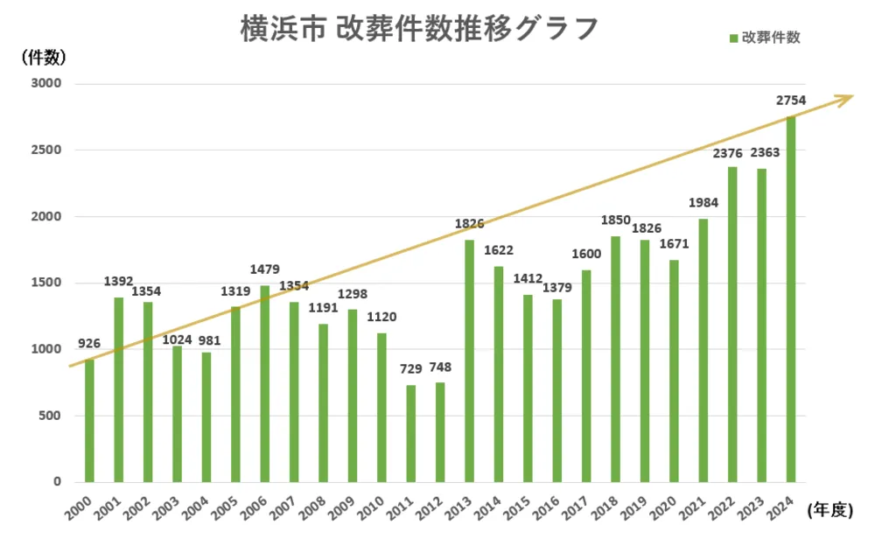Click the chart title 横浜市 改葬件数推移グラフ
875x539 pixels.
pyautogui.click(x=419, y=28)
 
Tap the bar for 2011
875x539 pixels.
pyautogui.click(x=410, y=433)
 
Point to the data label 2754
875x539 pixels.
pyautogui.click(x=791, y=101)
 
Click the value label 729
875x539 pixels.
pyautogui.click(x=410, y=368)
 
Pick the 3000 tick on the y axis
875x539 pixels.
pyautogui.click(x=45, y=84)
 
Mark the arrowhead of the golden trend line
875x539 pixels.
pyautogui.click(x=845, y=99)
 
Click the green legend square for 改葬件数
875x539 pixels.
pyautogui.click(x=734, y=38)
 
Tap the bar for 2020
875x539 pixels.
pyautogui.click(x=674, y=371)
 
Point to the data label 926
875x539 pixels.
pyautogui.click(x=89, y=343)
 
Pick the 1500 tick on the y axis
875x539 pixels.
pyautogui.click(x=45, y=283)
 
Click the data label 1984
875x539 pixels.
pyautogui.click(x=703, y=203)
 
